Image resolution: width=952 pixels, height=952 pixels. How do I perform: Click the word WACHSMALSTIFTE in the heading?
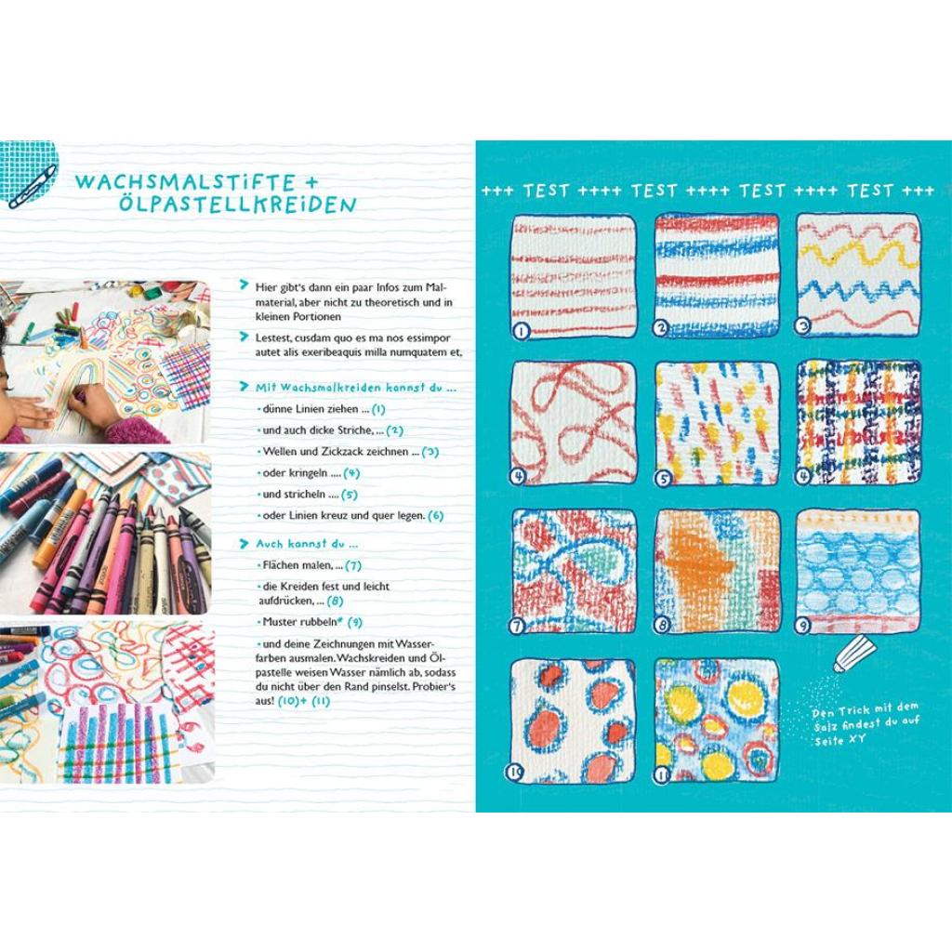point(185,182)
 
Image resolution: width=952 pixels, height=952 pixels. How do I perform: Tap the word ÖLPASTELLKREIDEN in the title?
point(237,205)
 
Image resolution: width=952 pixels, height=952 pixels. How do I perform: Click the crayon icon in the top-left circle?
point(33,186)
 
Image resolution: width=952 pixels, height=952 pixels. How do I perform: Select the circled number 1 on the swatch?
point(522,331)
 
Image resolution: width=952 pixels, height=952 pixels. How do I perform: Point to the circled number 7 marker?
point(517,625)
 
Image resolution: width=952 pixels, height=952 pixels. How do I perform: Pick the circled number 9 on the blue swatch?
point(802,625)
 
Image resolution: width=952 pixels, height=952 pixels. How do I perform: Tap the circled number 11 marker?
point(661,774)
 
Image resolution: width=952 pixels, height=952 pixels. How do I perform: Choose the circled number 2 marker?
point(661,328)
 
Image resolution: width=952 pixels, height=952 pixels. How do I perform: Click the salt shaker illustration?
point(855,654)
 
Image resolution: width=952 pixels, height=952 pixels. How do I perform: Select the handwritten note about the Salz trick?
point(866,724)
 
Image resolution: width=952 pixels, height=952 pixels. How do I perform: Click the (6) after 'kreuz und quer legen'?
point(435,515)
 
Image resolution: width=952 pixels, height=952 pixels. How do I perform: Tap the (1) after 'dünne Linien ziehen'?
point(378,409)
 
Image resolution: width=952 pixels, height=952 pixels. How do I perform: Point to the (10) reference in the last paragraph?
point(288,701)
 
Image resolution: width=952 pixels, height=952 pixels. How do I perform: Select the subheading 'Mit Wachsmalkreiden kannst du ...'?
point(349,387)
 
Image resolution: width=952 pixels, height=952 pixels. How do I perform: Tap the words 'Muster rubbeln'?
point(300,622)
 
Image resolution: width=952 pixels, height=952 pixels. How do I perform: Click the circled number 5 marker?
point(663,479)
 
